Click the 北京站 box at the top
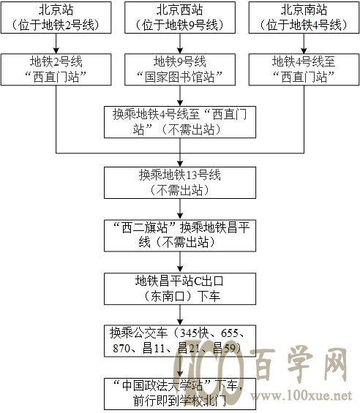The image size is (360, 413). tap(56, 18)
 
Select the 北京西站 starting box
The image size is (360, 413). tap(180, 18)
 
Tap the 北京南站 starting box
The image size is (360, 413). tap(304, 18)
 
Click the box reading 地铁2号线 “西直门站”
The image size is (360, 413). tap(56, 69)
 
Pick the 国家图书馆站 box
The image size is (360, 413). tap(180, 69)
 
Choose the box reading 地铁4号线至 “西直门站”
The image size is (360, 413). tap(304, 69)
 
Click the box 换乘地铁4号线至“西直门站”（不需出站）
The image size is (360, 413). tap(180, 122)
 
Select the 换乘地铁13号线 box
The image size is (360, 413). tap(180, 183)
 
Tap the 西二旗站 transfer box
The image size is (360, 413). tap(180, 235)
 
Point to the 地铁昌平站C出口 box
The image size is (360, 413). tap(180, 289)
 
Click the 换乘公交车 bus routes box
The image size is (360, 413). tap(180, 341)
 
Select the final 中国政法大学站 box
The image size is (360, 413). tap(180, 394)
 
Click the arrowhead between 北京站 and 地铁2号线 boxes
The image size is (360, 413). tap(56, 50)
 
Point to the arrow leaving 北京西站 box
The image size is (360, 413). tap(180, 43)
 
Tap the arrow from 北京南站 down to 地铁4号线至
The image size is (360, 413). tap(304, 43)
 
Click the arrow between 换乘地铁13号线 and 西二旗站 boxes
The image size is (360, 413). tap(180, 209)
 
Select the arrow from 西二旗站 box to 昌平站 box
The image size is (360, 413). tap(180, 262)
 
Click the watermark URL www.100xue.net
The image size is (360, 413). tap(301, 395)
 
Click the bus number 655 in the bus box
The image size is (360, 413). tap(230, 333)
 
